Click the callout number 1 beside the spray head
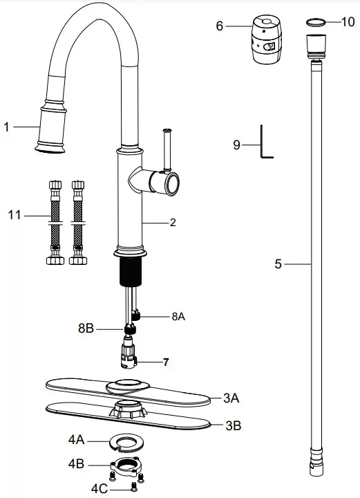(x=6, y=127)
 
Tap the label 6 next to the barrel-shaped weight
(x=220, y=26)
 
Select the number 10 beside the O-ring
(x=348, y=22)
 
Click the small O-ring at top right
(x=316, y=22)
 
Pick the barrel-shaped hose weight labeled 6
(x=267, y=40)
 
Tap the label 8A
(x=178, y=316)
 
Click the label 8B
(x=86, y=329)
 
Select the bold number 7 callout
(x=166, y=362)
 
